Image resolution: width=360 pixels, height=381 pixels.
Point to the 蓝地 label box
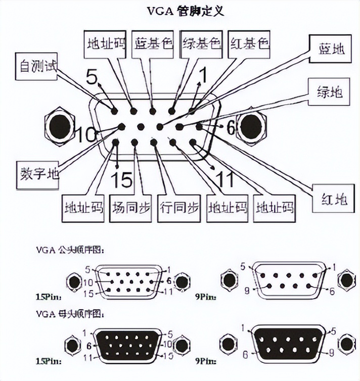331,50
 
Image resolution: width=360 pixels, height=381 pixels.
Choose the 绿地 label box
330,92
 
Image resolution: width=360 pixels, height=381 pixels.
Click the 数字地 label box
39,174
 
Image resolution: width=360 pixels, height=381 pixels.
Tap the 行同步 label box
179,208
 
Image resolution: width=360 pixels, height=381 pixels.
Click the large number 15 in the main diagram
121,179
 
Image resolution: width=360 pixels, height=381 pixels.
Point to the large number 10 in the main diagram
86,135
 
